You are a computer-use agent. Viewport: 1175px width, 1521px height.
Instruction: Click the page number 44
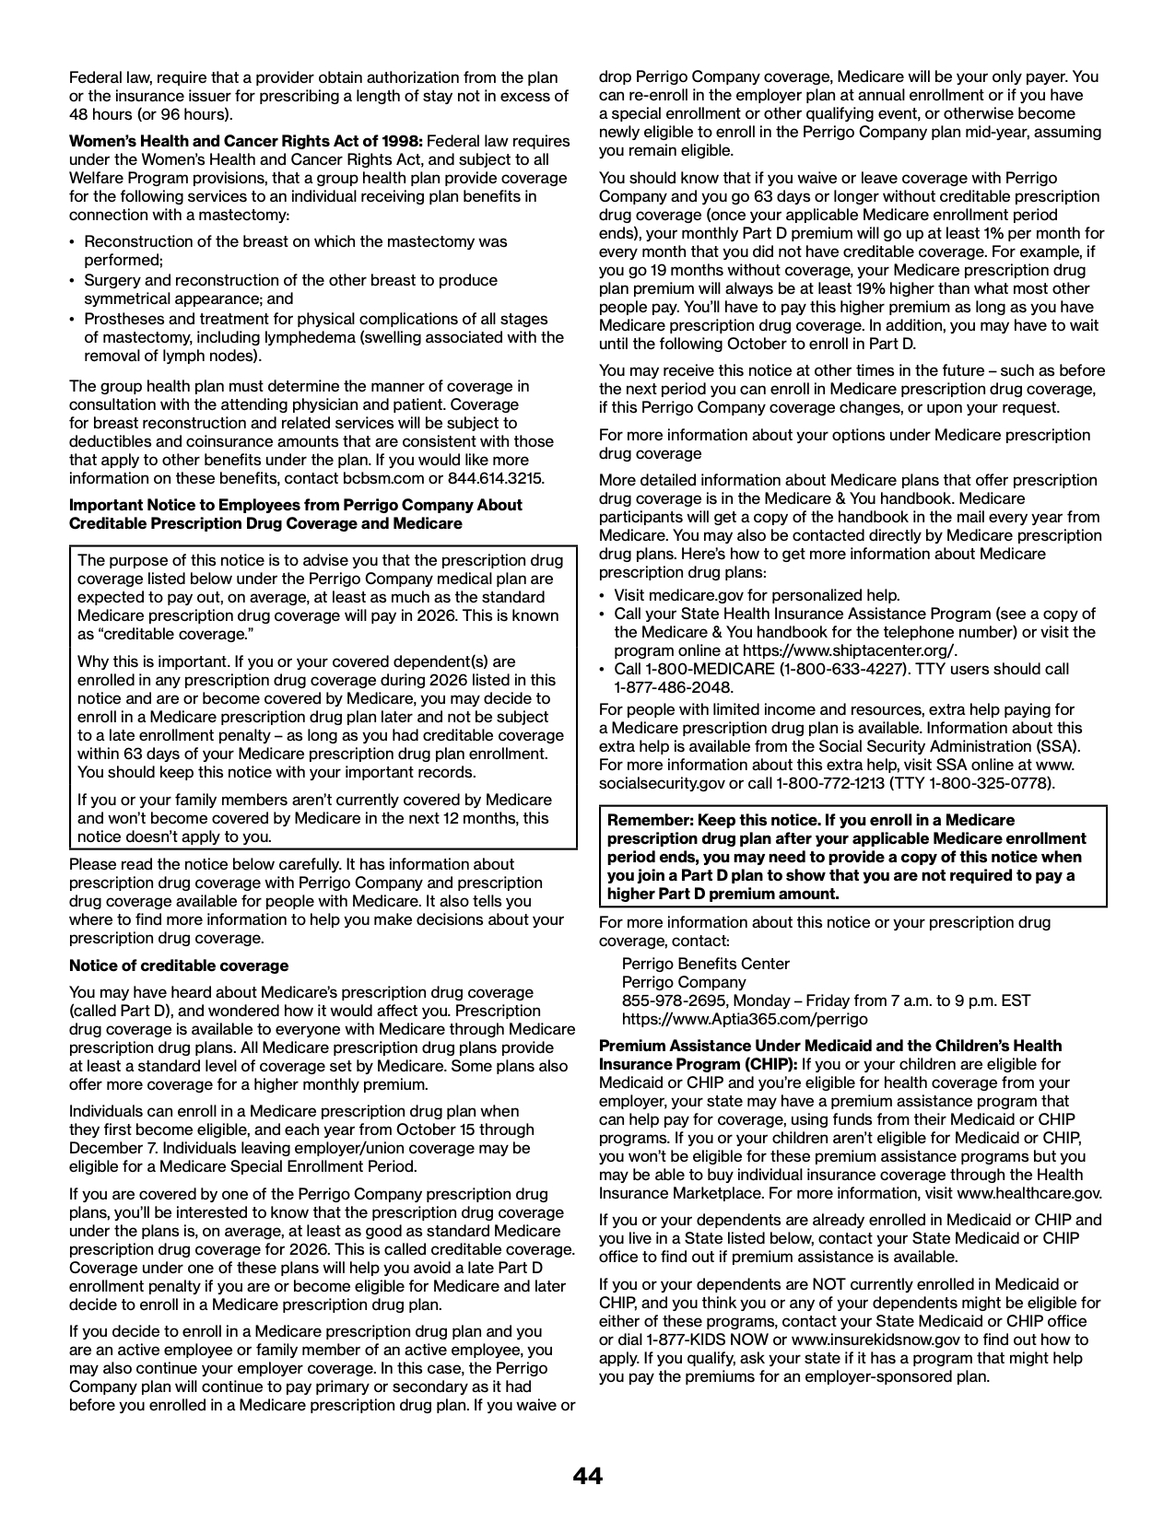click(x=587, y=1477)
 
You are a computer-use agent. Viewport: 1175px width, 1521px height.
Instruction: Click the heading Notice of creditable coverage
click(x=179, y=965)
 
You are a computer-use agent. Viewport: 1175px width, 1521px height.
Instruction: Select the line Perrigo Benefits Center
click(x=706, y=964)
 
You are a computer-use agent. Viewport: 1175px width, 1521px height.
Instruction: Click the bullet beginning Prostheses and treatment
click(x=316, y=319)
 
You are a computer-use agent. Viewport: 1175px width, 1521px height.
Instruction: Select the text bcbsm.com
click(x=394, y=478)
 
